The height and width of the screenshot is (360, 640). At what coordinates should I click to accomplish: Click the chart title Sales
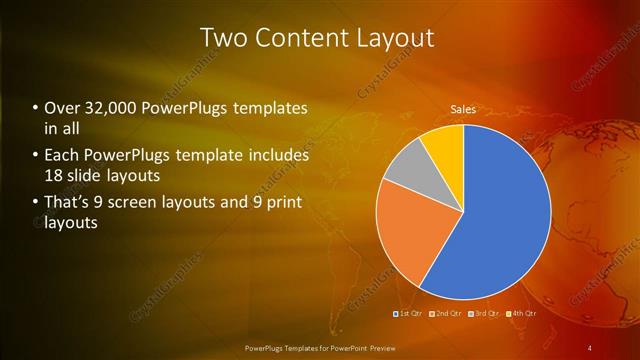tap(463, 109)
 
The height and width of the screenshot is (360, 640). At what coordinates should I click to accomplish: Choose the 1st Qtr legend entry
tap(409, 315)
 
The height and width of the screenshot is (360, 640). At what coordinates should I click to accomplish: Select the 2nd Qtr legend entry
tap(446, 315)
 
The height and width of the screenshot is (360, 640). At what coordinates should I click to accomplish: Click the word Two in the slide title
tap(224, 38)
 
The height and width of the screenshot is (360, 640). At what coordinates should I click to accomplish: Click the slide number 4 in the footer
tap(590, 347)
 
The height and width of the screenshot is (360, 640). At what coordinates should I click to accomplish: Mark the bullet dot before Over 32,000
tap(36, 108)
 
